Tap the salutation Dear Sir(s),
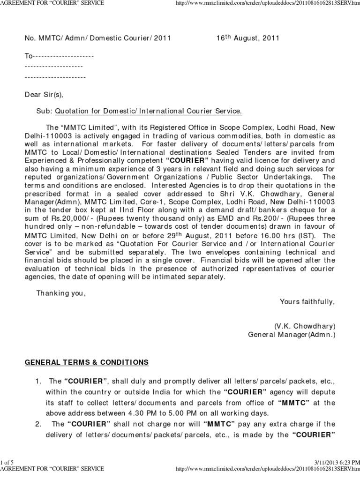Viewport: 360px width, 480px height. point(44,94)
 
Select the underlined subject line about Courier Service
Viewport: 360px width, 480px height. point(149,111)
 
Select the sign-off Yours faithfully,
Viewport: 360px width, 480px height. point(307,301)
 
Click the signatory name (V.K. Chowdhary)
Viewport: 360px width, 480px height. point(305,326)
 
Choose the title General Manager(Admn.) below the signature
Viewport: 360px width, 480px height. point(292,335)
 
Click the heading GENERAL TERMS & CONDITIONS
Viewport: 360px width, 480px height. point(87,362)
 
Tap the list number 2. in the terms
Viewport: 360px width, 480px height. point(39,424)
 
